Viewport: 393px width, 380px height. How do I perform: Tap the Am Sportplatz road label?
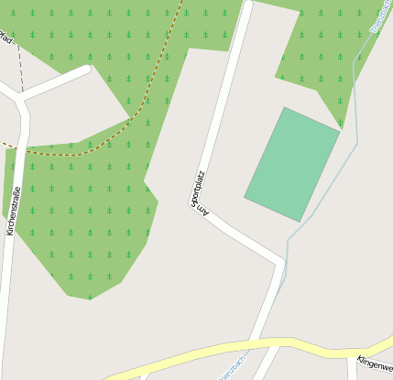[199, 192]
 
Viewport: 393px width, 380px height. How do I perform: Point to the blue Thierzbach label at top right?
[380, 16]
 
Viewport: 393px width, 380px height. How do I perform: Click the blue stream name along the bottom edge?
[240, 366]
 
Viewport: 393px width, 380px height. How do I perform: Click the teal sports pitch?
[292, 165]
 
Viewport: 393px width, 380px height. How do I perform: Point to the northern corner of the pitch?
[286, 108]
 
